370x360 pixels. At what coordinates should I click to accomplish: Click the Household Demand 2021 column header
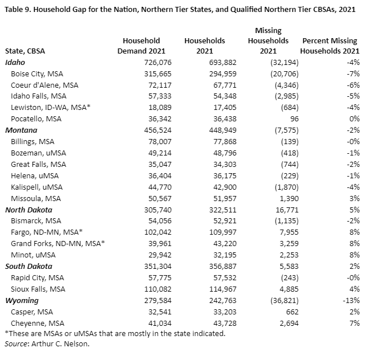pos(141,46)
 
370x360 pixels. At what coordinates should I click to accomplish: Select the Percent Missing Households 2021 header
pos(330,46)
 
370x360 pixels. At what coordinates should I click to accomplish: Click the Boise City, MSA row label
pos(37,73)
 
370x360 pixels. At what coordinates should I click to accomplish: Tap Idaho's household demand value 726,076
pos(155,62)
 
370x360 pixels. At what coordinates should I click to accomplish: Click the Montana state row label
pos(22,130)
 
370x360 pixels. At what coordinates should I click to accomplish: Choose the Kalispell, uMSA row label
pos(38,186)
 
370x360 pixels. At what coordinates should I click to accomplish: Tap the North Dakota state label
pos(29,209)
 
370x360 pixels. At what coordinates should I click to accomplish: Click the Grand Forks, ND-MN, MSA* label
pos(59,243)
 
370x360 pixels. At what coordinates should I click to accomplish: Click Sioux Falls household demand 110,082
pos(155,289)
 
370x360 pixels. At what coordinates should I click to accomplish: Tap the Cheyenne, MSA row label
pos(38,323)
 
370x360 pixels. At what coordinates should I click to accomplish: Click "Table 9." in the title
pos(18,10)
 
